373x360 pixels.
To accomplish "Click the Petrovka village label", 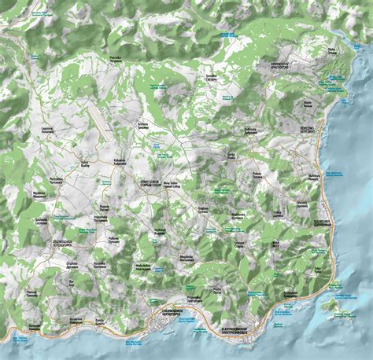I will (x=115, y=58).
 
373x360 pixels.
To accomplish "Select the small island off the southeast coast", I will (x=328, y=303).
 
